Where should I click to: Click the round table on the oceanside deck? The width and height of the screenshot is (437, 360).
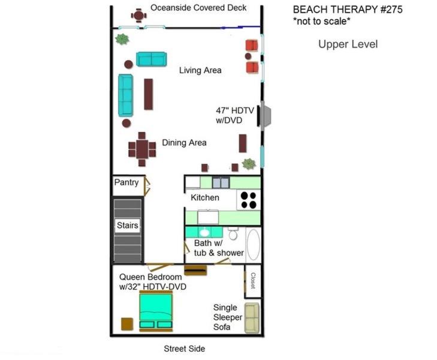pyautogui.click(x=138, y=15)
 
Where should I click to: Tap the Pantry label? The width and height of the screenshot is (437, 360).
pyautogui.click(x=126, y=182)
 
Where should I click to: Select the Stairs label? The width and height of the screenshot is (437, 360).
pyautogui.click(x=127, y=225)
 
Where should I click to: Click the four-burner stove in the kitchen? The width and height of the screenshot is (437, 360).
pyautogui.click(x=249, y=200)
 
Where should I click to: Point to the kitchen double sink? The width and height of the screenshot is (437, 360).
pyautogui.click(x=221, y=182)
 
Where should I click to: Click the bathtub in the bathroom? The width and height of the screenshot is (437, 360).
pyautogui.click(x=254, y=245)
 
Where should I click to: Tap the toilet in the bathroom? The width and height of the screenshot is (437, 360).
pyautogui.click(x=233, y=233)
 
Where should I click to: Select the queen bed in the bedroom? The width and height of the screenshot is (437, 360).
pyautogui.click(x=156, y=311)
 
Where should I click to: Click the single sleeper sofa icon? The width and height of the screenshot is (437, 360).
pyautogui.click(x=252, y=318)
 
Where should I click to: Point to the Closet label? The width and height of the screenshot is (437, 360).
pyautogui.click(x=253, y=281)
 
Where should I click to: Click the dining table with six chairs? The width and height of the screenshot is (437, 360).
pyautogui.click(x=142, y=149)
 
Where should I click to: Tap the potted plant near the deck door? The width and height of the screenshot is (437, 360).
pyautogui.click(x=122, y=39)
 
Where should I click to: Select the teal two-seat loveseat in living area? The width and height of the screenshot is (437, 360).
pyautogui.click(x=151, y=59)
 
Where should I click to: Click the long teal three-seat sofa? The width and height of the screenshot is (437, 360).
pyautogui.click(x=125, y=95)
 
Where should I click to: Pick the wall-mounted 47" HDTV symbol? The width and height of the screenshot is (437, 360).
pyautogui.click(x=258, y=116)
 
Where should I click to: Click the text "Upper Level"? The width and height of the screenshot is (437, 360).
pyautogui.click(x=348, y=44)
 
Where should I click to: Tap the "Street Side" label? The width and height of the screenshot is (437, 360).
pyautogui.click(x=185, y=349)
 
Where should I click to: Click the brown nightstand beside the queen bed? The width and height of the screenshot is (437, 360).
pyautogui.click(x=127, y=325)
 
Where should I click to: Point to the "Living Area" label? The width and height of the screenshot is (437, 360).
pyautogui.click(x=200, y=70)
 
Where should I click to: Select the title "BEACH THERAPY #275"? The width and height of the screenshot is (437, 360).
pyautogui.click(x=348, y=10)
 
